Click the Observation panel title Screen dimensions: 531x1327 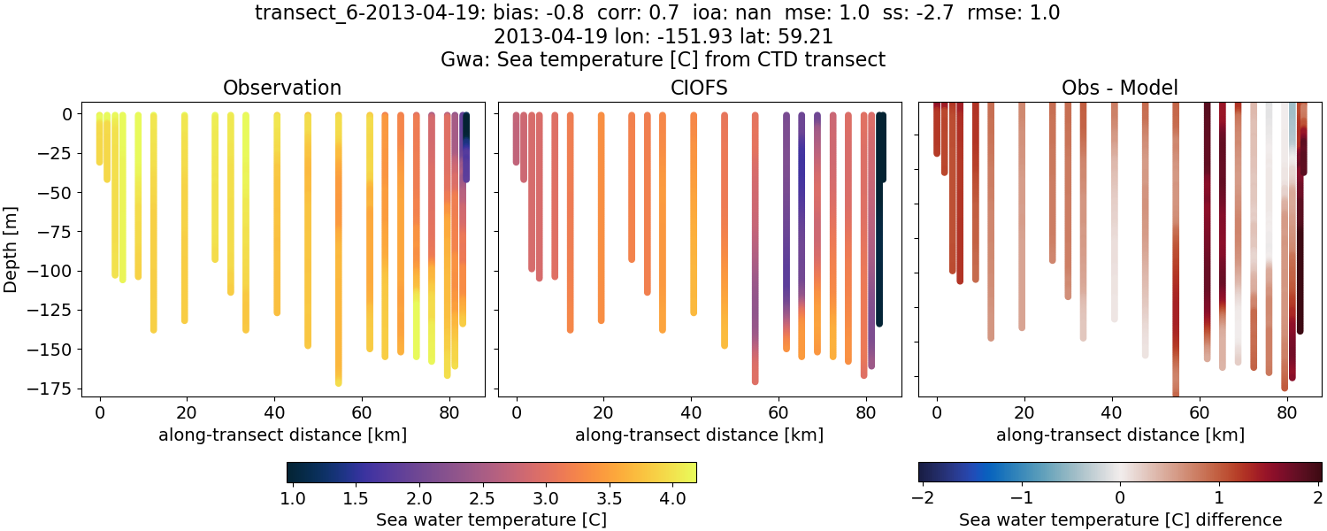pyautogui.click(x=282, y=88)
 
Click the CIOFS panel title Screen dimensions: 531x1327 pyautogui.click(x=699, y=88)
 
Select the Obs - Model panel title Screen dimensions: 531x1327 pyautogui.click(x=1119, y=88)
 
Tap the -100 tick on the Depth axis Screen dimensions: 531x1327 pyautogui.click(x=56, y=271)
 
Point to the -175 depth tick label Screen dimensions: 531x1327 pyautogui.click(x=56, y=389)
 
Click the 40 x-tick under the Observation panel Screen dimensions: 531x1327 pyautogui.click(x=274, y=412)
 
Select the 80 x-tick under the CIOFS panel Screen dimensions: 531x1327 pyautogui.click(x=866, y=412)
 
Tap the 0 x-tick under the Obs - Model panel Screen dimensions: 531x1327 pyautogui.click(x=937, y=412)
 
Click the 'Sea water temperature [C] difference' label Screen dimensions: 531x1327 pyautogui.click(x=1119, y=519)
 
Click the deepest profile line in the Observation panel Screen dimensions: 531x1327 pyautogui.click(x=338, y=265)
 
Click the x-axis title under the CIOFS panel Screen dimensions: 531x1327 pyautogui.click(x=699, y=435)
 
